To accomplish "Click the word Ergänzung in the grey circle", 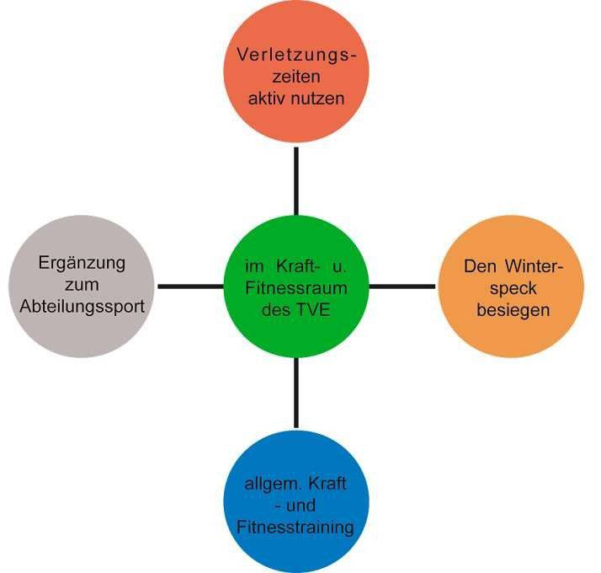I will (x=82, y=263).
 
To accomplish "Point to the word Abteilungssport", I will (x=82, y=307).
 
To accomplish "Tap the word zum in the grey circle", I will (x=82, y=285).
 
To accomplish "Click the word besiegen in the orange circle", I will (x=513, y=310).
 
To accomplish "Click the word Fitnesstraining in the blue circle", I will (x=294, y=527).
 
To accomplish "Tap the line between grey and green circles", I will (x=189, y=286).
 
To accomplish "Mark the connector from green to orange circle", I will (x=402, y=286).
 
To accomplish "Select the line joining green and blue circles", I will (x=295, y=393).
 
